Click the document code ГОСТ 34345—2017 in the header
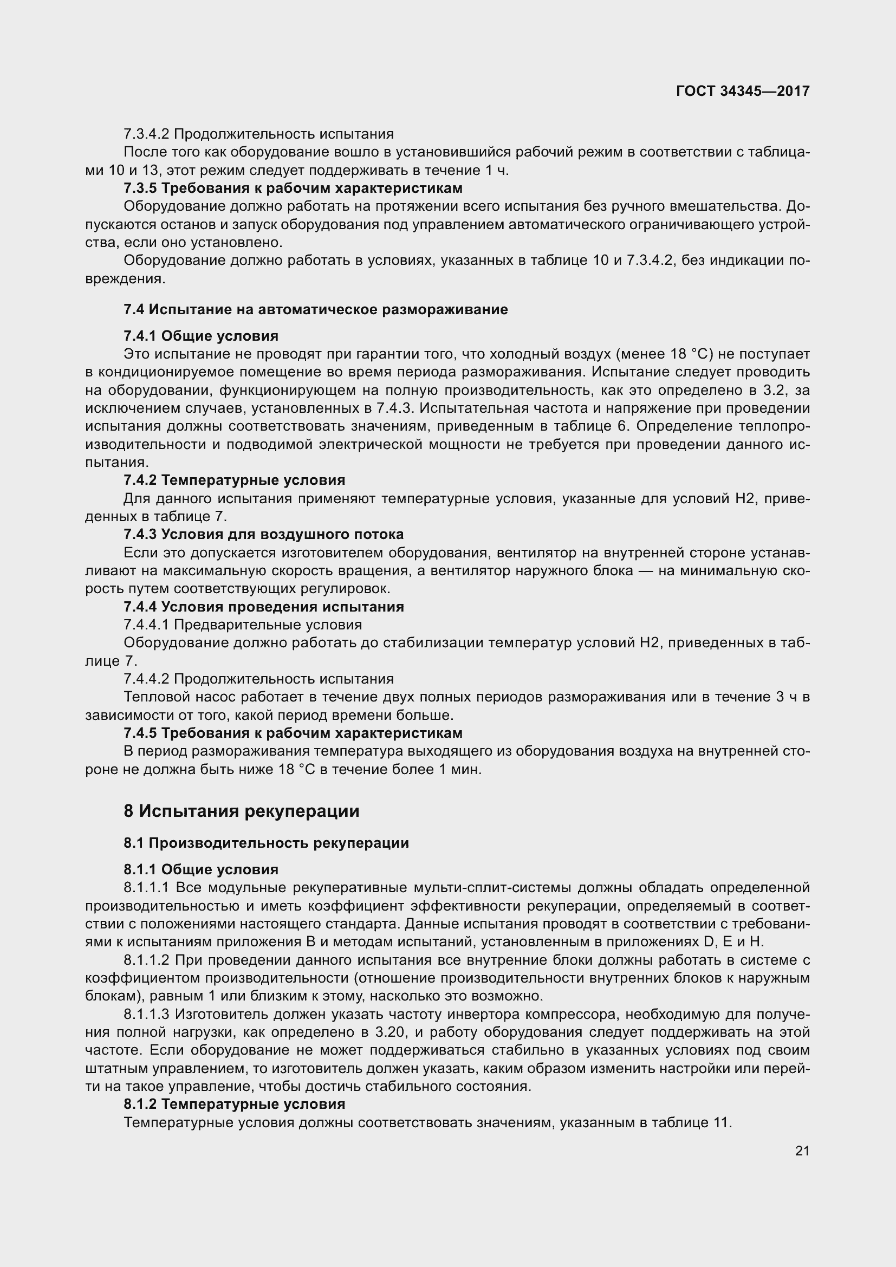pyautogui.click(x=742, y=91)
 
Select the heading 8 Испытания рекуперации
pyautogui.click(x=241, y=811)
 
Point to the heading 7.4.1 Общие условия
pyautogui.click(x=201, y=335)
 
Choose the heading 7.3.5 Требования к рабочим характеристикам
pyautogui.click(x=293, y=188)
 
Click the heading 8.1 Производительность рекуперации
pyautogui.click(x=266, y=843)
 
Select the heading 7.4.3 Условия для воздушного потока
pyautogui.click(x=263, y=534)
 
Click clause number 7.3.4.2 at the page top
pyautogui.click(x=146, y=134)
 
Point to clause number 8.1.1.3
pyautogui.click(x=146, y=1013)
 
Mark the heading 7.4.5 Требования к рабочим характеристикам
pyautogui.click(x=293, y=733)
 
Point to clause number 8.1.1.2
pyautogui.click(x=146, y=960)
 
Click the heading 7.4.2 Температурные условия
pyautogui.click(x=234, y=480)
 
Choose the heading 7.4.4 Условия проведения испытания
pyautogui.click(x=263, y=607)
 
